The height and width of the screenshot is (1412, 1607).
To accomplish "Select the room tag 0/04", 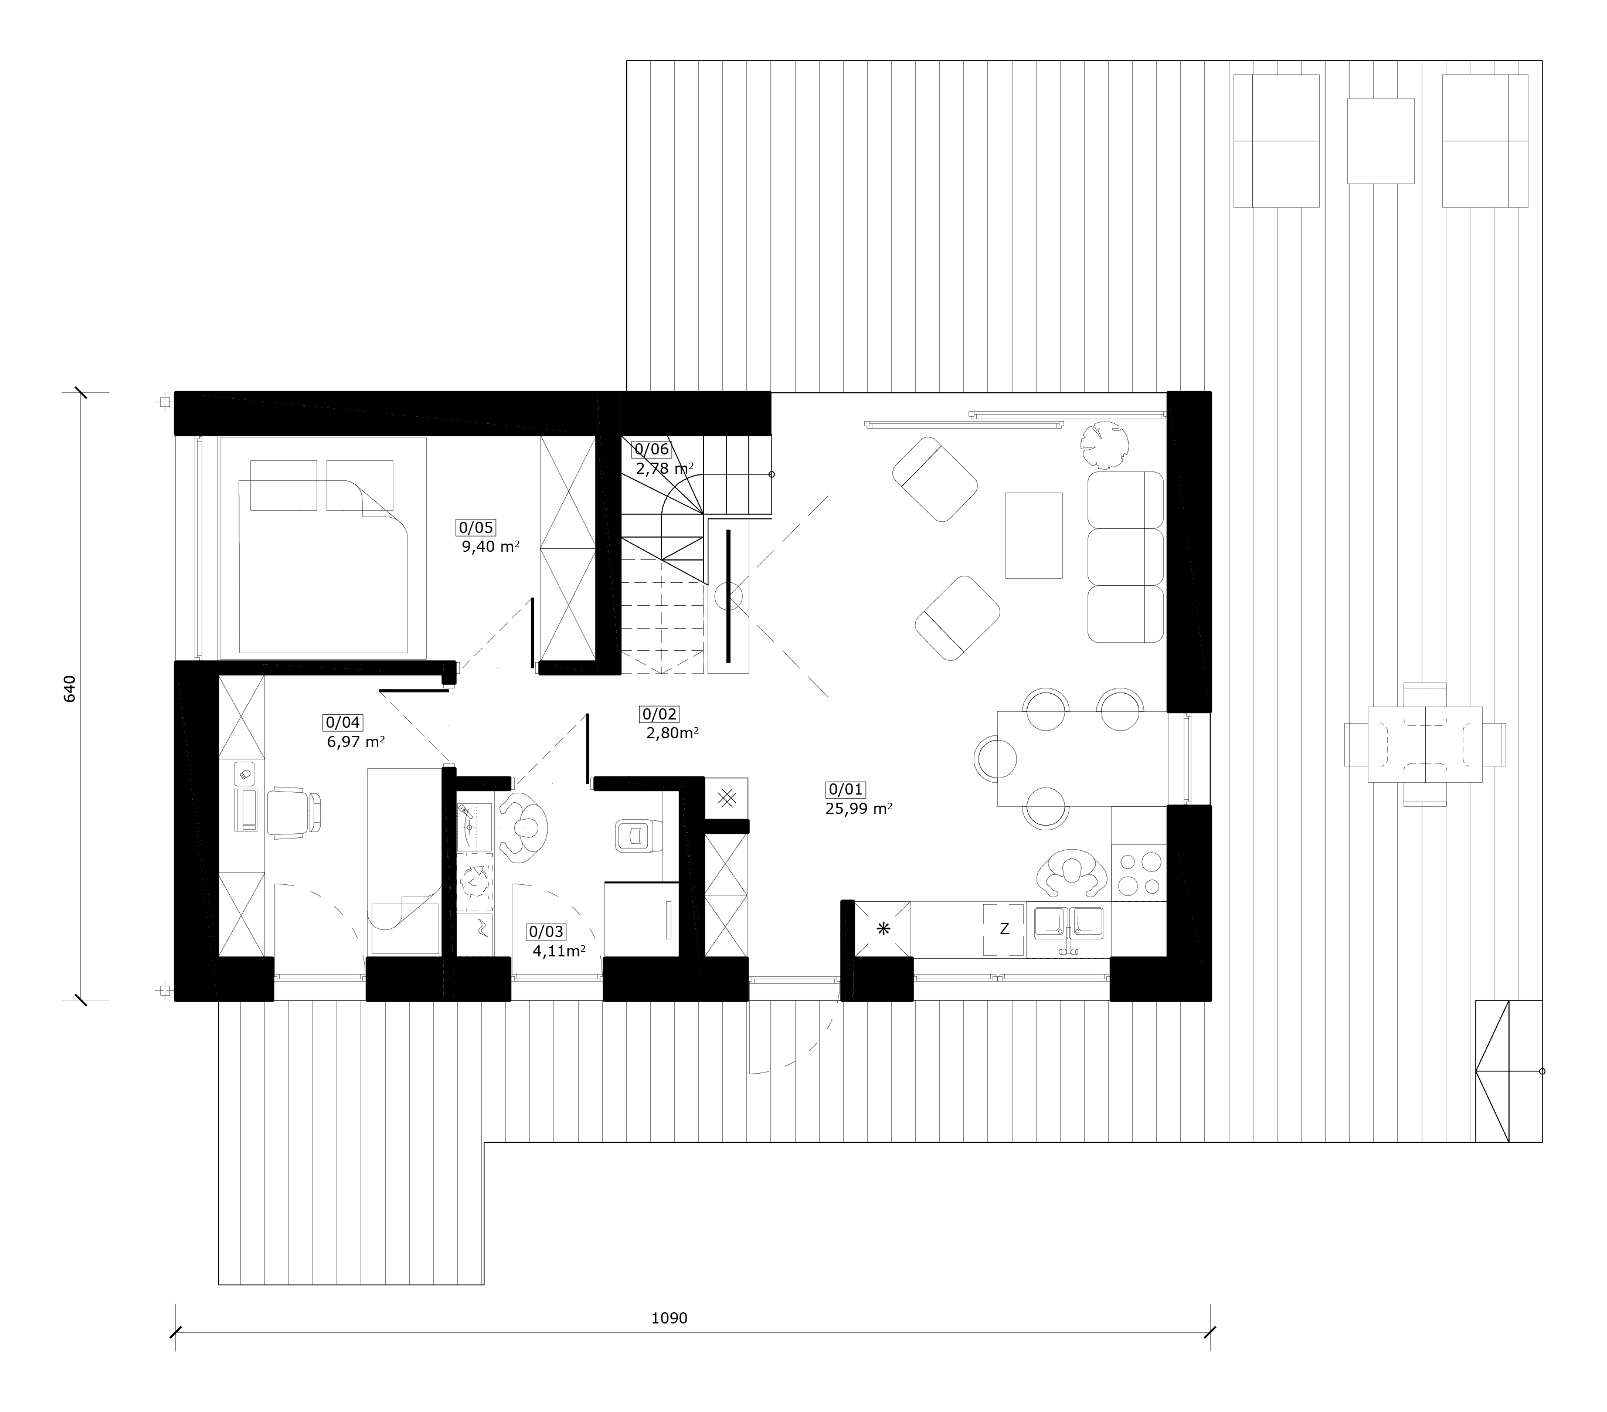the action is [x=343, y=722].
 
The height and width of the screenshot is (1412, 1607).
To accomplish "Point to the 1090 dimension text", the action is [x=669, y=1318].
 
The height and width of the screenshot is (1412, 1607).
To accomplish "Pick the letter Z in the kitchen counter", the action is [x=1004, y=928].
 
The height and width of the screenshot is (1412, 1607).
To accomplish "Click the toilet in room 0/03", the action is [x=636, y=835].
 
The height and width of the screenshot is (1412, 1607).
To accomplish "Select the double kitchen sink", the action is [x=1068, y=925].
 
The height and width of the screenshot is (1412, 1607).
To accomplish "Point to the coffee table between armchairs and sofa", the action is [x=1034, y=535].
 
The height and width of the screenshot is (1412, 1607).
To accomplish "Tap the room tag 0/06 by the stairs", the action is [x=652, y=450].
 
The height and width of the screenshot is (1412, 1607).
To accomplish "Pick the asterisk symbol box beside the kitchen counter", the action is [x=883, y=928].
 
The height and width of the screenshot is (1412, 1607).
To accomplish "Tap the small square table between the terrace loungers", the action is [x=1381, y=141].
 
